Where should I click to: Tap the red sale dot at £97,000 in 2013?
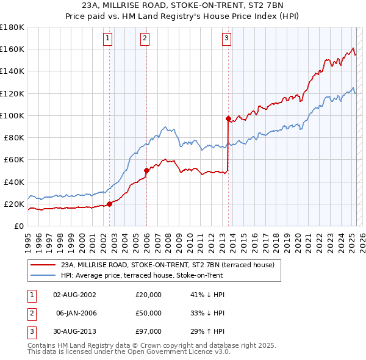228,118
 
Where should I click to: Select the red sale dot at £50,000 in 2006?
146,171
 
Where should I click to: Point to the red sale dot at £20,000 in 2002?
110,204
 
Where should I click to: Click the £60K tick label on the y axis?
13,160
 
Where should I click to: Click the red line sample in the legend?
43,265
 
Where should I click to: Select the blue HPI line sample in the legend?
43,275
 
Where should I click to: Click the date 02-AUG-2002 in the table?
74,295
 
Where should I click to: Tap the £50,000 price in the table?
148,313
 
